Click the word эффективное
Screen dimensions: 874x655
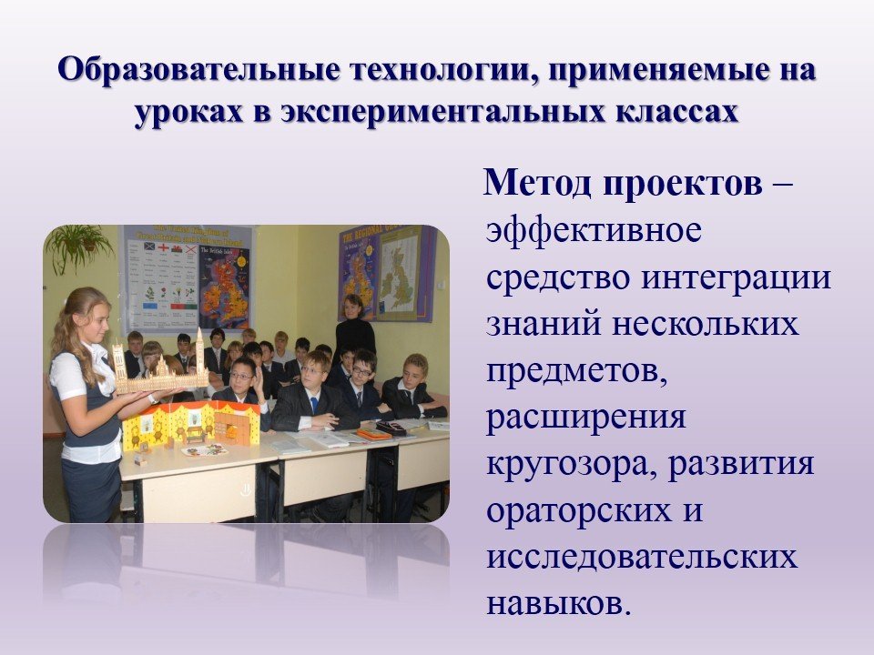tap(594, 229)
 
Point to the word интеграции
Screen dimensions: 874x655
tap(736, 278)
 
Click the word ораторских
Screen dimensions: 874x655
tap(579, 510)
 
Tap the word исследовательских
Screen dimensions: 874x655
tap(642, 557)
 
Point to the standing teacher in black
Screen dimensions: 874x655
tap(354, 330)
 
